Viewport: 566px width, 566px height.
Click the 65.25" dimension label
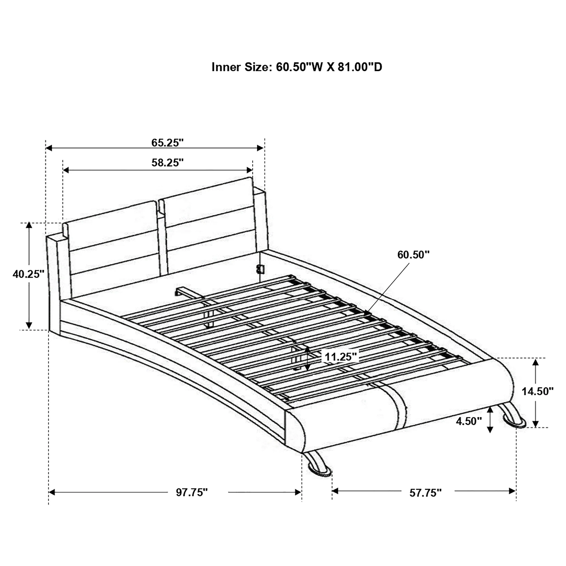(167, 143)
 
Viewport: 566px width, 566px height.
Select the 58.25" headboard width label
(167, 163)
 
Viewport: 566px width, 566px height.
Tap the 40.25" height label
(29, 274)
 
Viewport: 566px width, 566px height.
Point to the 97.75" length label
(192, 492)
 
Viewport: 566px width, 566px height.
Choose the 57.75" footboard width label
(425, 493)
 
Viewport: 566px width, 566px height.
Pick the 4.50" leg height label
(469, 421)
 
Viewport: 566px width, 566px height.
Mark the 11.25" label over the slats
(341, 357)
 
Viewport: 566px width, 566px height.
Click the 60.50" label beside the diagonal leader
(413, 255)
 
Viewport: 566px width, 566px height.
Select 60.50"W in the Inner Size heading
(299, 67)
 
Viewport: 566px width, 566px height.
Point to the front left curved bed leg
(318, 466)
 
